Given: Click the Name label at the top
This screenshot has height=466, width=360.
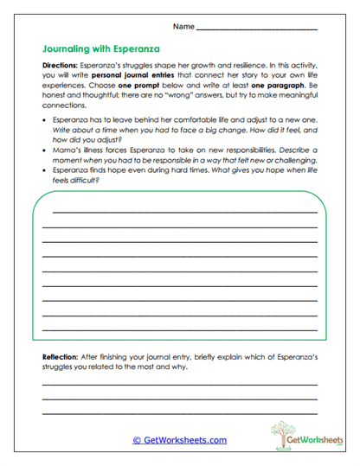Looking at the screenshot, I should click(183, 27).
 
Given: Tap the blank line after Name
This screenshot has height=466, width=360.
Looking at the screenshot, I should click(256, 29).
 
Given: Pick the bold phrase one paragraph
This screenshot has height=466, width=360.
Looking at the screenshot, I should click(280, 86).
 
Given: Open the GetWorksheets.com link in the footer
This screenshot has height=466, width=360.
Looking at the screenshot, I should click(179, 440).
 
